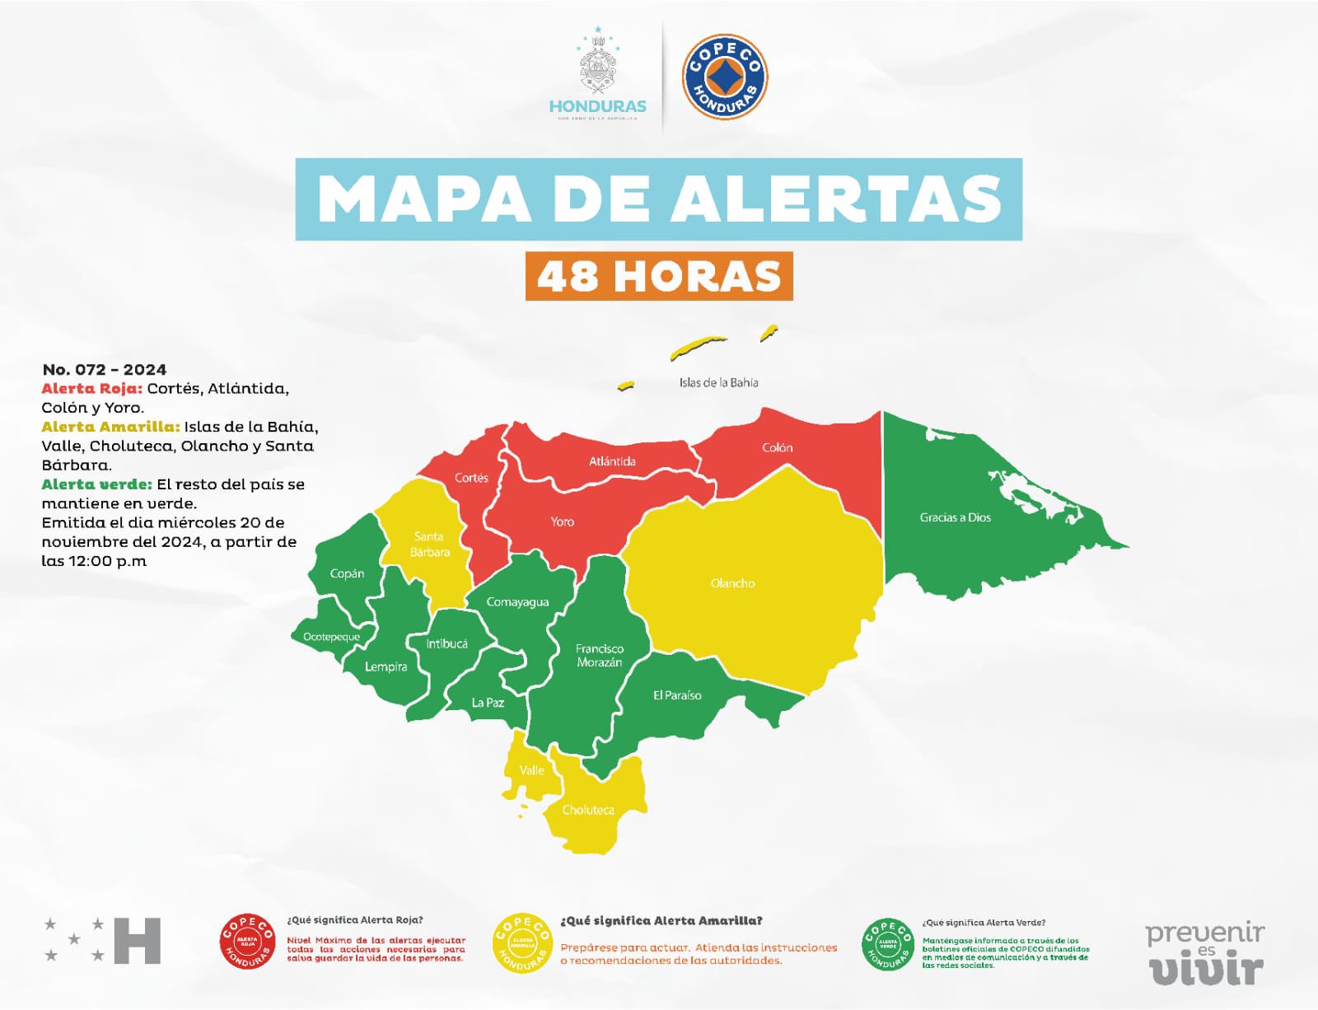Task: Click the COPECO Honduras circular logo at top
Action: (724, 77)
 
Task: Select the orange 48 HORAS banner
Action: (659, 276)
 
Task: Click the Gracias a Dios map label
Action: (955, 517)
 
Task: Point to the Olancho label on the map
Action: (732, 583)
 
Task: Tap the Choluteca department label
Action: (588, 810)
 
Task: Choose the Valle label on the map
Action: (531, 770)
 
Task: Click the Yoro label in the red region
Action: (562, 521)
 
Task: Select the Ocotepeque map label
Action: (331, 637)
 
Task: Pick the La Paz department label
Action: (488, 703)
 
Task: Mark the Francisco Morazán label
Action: (600, 656)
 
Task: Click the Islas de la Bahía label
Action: (718, 382)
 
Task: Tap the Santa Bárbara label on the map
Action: (429, 544)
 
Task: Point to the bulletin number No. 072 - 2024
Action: (105, 369)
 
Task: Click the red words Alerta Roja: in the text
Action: (92, 388)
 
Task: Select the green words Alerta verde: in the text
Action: (96, 484)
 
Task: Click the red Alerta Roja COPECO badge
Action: (247, 941)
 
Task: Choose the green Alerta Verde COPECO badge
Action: (888, 943)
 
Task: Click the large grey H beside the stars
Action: (137, 940)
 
